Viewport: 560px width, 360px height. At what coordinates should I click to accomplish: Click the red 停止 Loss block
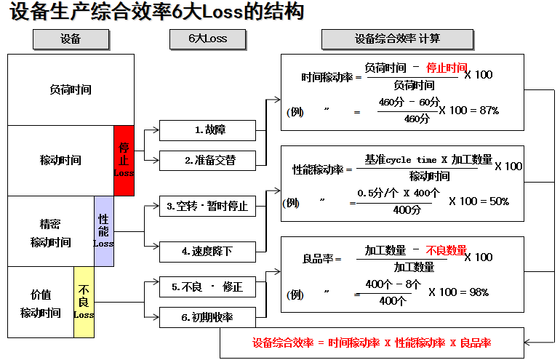(x=124, y=160)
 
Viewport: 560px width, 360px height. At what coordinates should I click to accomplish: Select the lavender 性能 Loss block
(x=103, y=231)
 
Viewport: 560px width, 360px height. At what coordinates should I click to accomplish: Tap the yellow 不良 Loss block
(x=84, y=302)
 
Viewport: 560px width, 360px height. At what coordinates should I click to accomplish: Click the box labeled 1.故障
(x=207, y=130)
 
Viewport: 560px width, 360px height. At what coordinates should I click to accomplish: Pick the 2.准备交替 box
(x=207, y=160)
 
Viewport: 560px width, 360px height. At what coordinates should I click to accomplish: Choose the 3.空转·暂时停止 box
(x=207, y=206)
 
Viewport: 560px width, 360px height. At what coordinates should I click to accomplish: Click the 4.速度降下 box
(x=207, y=252)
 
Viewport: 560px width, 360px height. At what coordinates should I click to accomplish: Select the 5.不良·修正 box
(x=207, y=287)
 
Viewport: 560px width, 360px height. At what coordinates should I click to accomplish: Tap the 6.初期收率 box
(x=207, y=317)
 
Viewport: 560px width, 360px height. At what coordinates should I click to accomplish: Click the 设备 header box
(x=71, y=39)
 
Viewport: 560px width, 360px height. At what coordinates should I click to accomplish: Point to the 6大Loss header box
(x=208, y=39)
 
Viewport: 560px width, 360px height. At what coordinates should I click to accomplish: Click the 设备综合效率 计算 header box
(x=397, y=39)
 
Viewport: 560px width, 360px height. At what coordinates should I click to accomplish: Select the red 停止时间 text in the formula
(x=447, y=68)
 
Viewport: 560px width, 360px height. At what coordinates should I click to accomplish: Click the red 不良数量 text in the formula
(x=446, y=250)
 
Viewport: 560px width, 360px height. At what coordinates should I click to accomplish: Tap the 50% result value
(x=499, y=201)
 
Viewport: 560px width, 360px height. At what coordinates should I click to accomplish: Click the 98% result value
(x=479, y=292)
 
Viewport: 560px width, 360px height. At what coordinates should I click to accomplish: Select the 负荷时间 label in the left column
(x=71, y=90)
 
